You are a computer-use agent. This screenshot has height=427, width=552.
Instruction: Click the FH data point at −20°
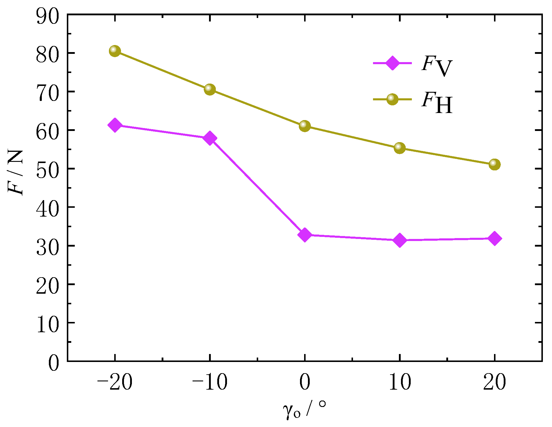point(115,51)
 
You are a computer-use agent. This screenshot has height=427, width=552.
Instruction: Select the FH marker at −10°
point(210,89)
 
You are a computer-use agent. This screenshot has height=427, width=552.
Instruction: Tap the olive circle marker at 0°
point(305,126)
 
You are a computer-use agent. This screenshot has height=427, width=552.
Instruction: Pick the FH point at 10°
point(400,148)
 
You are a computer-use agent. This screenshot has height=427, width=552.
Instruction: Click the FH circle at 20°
point(495,165)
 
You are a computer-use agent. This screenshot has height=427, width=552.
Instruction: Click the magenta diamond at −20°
point(115,125)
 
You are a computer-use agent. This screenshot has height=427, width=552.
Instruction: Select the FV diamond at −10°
point(210,138)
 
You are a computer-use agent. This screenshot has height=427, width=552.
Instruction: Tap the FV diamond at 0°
point(305,235)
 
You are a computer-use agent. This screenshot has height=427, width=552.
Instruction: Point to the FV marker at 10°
point(400,240)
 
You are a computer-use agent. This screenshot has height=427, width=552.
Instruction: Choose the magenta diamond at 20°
point(495,238)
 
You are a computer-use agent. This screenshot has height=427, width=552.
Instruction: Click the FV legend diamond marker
point(392,63)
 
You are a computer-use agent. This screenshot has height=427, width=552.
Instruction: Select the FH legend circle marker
point(392,99)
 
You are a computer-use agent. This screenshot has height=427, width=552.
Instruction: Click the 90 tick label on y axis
point(47,16)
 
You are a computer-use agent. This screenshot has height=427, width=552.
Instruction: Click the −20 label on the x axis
point(115,383)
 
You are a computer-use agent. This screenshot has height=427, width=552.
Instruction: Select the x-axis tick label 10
point(400,383)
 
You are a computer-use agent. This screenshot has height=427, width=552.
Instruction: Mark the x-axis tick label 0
point(305,383)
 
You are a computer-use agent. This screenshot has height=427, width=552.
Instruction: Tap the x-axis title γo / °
point(305,411)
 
